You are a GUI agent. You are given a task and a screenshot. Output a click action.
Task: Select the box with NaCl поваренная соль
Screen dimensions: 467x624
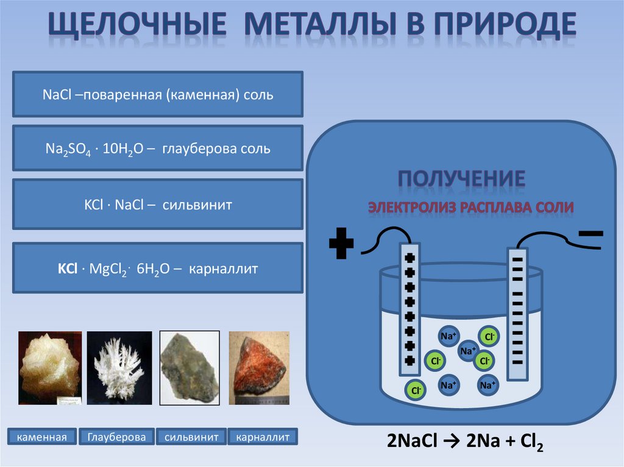(158, 94)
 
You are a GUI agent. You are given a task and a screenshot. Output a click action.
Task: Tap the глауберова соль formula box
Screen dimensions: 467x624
(158, 148)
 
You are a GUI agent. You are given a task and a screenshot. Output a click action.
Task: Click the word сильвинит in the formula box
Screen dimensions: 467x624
(197, 205)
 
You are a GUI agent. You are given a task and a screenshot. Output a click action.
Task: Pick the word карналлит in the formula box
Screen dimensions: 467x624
(224, 268)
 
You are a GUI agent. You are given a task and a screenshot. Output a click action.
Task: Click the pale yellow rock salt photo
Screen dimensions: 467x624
(50, 368)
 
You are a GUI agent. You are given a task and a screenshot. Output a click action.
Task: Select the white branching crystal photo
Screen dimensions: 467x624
(119, 368)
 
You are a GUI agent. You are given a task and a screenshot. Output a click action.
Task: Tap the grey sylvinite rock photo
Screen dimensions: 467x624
(189, 368)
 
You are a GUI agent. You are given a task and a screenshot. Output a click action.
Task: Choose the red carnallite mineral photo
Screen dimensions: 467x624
(258, 368)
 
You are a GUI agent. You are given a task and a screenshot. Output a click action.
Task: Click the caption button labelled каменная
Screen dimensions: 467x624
(41, 437)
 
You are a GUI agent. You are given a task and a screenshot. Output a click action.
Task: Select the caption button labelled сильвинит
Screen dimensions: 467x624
(191, 437)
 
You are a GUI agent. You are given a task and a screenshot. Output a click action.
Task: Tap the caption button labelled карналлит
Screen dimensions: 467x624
(263, 437)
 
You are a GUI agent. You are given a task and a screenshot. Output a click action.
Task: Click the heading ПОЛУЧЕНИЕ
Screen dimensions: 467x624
(461, 179)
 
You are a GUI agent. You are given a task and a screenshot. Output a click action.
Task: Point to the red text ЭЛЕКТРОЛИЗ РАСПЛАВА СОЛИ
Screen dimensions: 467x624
(470, 208)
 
